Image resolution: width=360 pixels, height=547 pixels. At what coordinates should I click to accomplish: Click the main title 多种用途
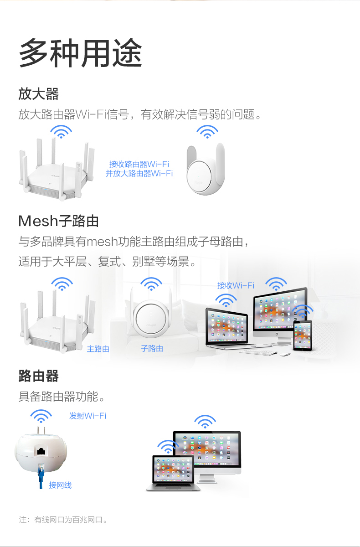(x=81, y=54)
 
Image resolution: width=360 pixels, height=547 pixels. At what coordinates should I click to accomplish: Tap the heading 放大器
(x=39, y=94)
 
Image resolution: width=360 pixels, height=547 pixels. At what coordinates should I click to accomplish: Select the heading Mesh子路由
(x=58, y=221)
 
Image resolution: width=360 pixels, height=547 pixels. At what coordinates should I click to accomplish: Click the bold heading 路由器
(x=39, y=376)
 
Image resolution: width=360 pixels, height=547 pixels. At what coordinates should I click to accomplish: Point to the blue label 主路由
(x=98, y=349)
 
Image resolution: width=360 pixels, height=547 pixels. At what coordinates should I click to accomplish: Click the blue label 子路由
(x=152, y=348)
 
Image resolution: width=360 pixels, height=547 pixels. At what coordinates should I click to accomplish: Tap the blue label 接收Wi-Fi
(x=236, y=285)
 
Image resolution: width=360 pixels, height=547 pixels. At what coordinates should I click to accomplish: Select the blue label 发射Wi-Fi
(x=87, y=416)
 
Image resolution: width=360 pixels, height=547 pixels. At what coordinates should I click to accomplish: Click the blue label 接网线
(x=60, y=485)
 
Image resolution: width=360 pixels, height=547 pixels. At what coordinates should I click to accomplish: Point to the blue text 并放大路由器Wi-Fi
(x=139, y=173)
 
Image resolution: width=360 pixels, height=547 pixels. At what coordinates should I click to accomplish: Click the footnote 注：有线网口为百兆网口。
(x=63, y=520)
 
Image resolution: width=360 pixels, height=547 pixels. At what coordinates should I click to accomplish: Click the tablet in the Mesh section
(x=302, y=335)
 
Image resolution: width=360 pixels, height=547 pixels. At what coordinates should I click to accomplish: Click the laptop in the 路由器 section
(x=173, y=474)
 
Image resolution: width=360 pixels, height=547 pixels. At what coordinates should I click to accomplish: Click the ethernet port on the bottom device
(x=41, y=451)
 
